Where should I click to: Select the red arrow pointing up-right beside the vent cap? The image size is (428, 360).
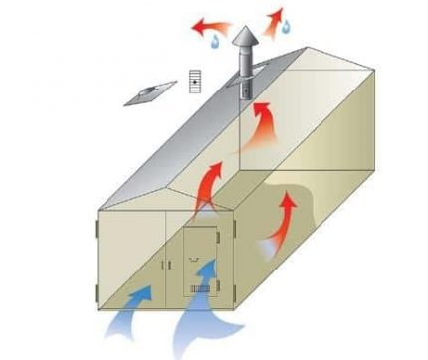point(275,17)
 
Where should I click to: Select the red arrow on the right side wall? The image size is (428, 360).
point(280,221)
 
